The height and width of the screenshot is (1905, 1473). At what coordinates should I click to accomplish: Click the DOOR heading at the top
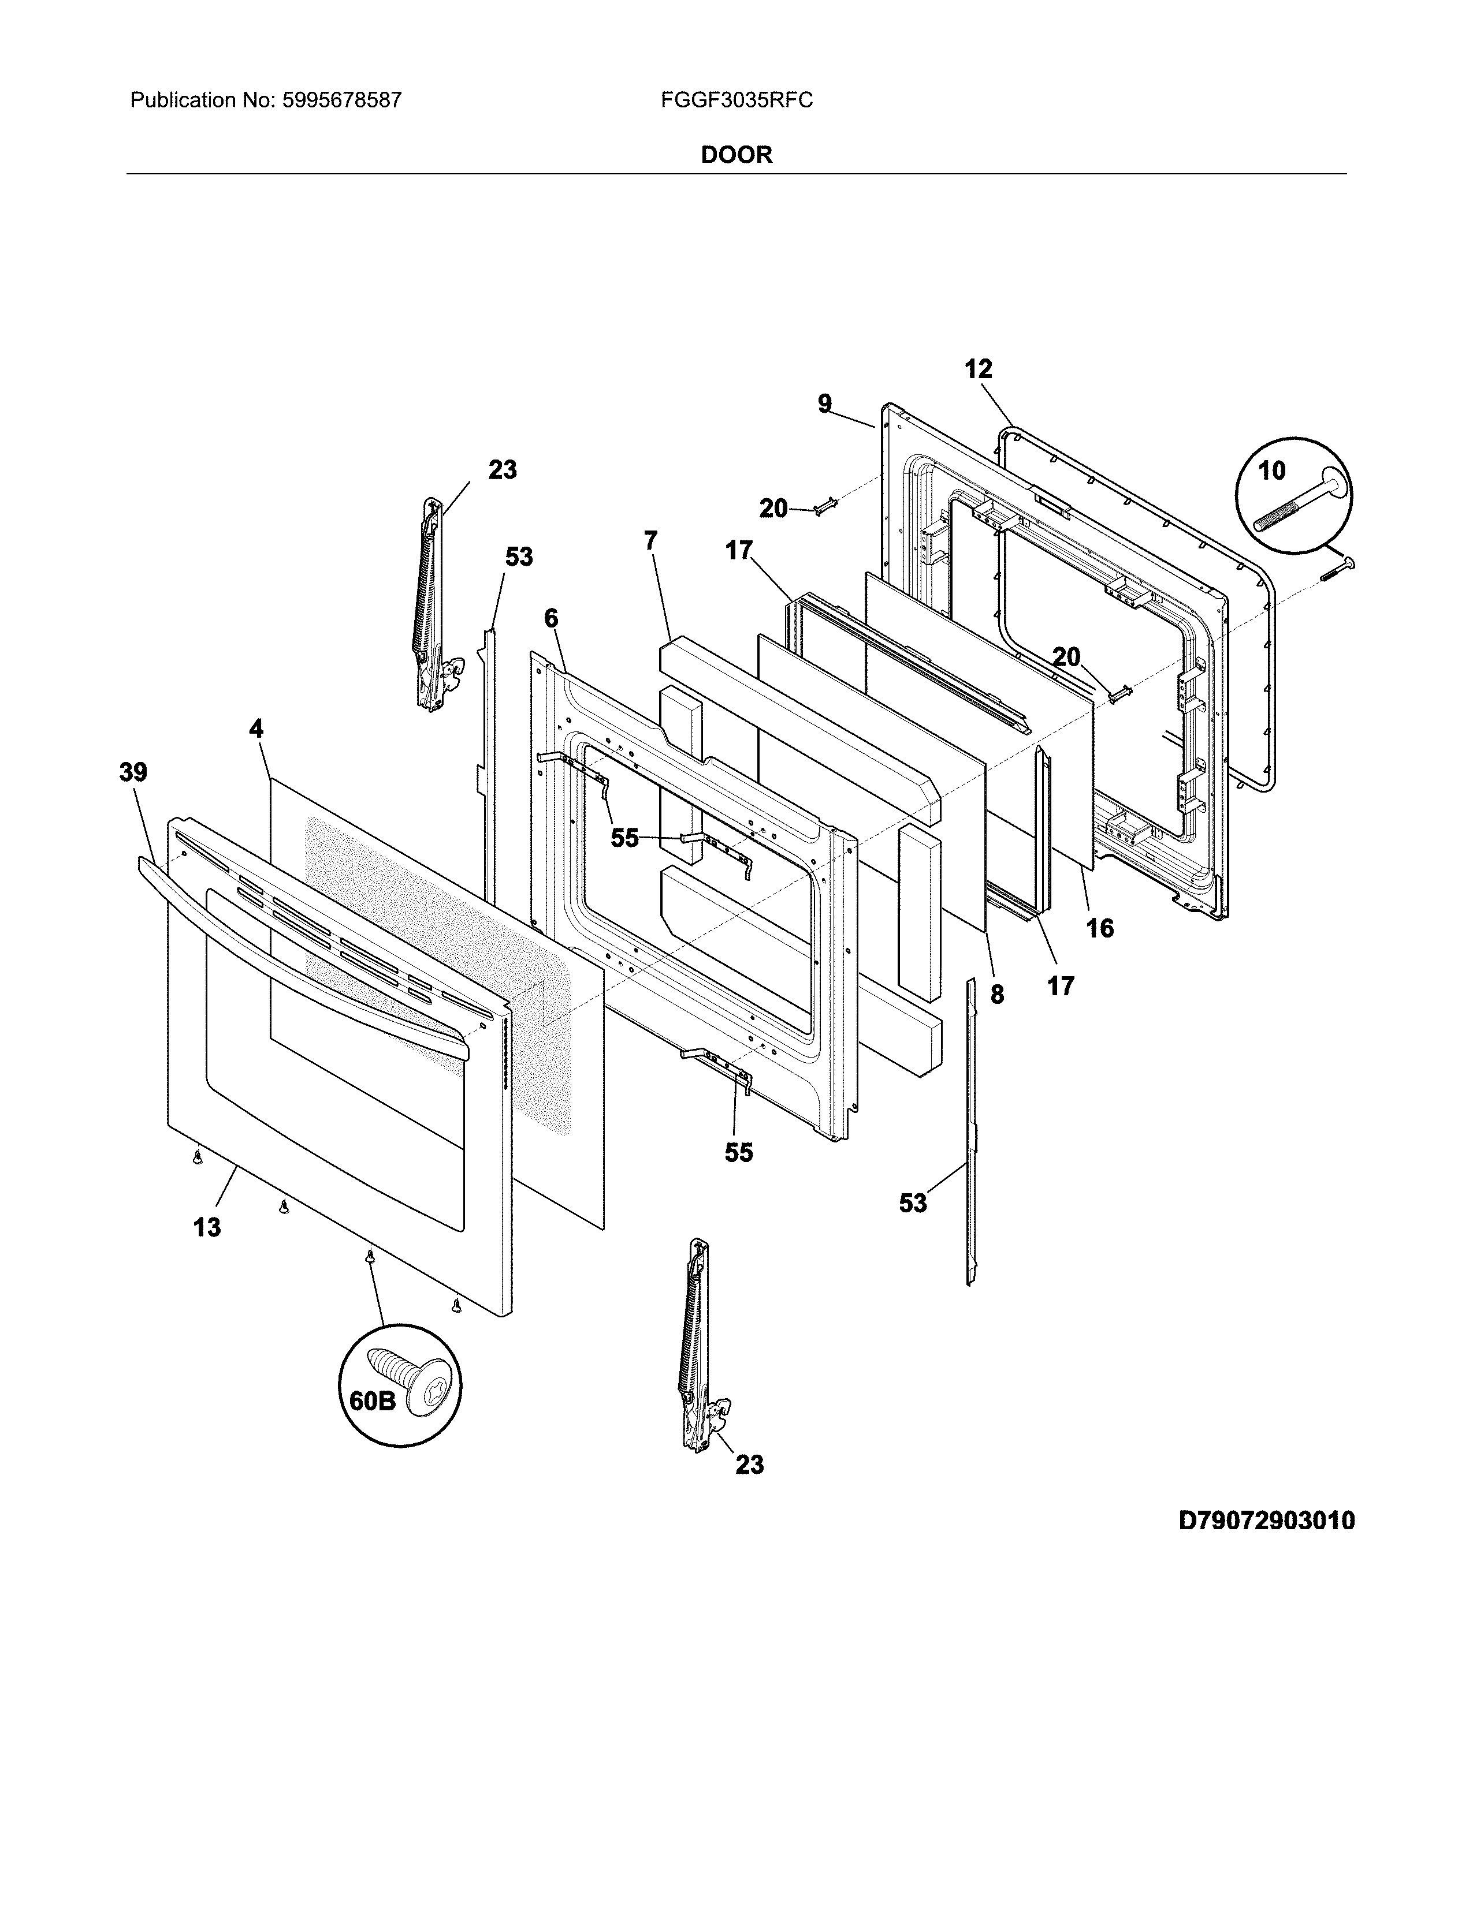[x=736, y=155]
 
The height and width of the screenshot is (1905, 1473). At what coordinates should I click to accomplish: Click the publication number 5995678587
[x=341, y=100]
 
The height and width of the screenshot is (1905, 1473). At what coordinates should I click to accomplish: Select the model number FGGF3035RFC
[x=736, y=100]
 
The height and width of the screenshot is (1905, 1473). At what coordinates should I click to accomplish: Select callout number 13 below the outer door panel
[x=207, y=1228]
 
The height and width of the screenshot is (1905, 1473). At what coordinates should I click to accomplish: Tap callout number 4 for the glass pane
[x=256, y=729]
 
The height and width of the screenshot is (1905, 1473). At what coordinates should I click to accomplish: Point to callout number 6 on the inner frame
[x=550, y=618]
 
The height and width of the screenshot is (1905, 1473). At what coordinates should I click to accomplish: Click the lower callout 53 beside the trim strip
[x=913, y=1204]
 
